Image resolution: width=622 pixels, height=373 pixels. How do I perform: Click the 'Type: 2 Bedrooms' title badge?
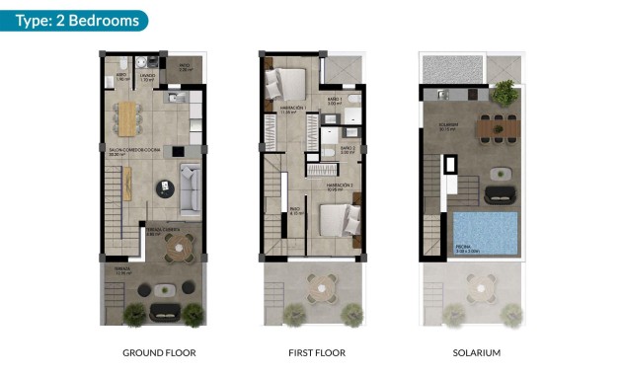click(x=75, y=20)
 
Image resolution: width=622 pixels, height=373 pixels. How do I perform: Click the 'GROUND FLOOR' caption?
click(x=159, y=352)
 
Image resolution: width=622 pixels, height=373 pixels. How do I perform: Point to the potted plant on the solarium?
click(x=505, y=92)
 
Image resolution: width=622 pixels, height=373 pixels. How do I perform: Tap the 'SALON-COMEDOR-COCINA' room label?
click(x=123, y=151)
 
